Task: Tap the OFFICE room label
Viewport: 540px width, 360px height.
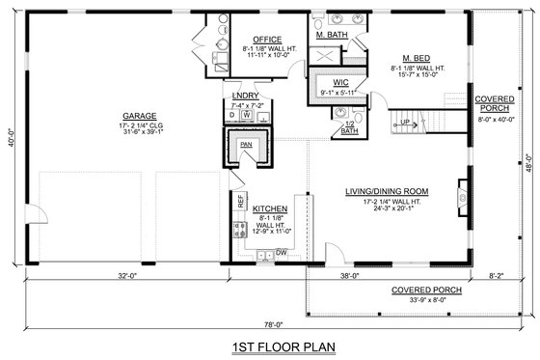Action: tap(255, 40)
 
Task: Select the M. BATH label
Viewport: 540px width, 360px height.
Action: tap(332, 36)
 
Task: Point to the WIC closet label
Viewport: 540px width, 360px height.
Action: tap(340, 84)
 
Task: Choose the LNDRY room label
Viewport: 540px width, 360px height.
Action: tap(246, 97)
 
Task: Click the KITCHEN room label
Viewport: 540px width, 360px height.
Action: tap(270, 208)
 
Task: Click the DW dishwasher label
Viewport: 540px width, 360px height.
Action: tap(282, 252)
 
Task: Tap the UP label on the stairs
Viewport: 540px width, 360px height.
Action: tap(405, 122)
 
